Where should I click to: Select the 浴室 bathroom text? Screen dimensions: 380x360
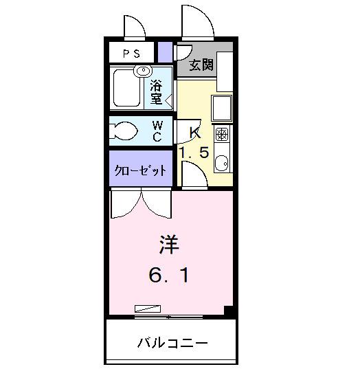(x=157, y=93)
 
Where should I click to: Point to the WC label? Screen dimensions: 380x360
(x=157, y=131)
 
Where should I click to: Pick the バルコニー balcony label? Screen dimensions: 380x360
(x=172, y=342)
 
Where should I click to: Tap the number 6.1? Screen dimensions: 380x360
(x=169, y=276)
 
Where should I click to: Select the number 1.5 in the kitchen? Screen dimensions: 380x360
(x=194, y=153)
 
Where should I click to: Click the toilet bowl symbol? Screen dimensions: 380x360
(x=125, y=131)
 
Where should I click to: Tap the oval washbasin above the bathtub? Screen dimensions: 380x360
(x=144, y=70)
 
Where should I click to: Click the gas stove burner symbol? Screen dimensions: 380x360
(x=222, y=133)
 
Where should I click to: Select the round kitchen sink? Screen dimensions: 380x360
(x=222, y=163)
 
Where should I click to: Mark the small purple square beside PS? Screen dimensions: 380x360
(x=165, y=52)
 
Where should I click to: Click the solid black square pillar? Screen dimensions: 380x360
(x=231, y=311)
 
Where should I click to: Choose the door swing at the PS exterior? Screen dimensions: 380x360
(x=133, y=27)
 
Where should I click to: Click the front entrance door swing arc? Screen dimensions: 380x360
(x=197, y=23)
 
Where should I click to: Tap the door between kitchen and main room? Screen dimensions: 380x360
(x=194, y=176)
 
